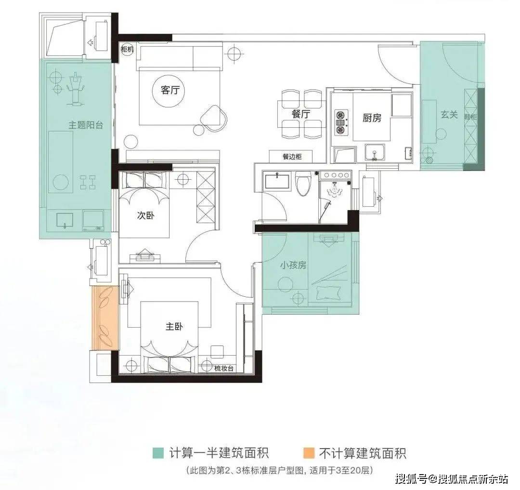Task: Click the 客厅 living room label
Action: coord(170,90)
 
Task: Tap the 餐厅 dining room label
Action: coord(301,114)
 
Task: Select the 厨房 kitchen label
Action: coord(372,118)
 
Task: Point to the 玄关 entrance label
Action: coord(449,115)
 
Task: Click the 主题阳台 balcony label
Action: coord(86,125)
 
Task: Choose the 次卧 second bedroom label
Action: coord(145,215)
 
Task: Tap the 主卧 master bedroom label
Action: coord(174,327)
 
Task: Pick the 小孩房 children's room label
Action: coord(293,265)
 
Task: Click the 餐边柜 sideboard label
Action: coord(292,156)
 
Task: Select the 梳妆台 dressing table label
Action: coord(223,368)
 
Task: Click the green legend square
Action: coord(158,453)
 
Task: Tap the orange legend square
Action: coord(309,453)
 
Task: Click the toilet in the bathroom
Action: coord(303,184)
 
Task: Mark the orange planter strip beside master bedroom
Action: coord(105,318)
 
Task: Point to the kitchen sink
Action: coord(375,152)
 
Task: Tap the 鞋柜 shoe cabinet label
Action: coord(470,117)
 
